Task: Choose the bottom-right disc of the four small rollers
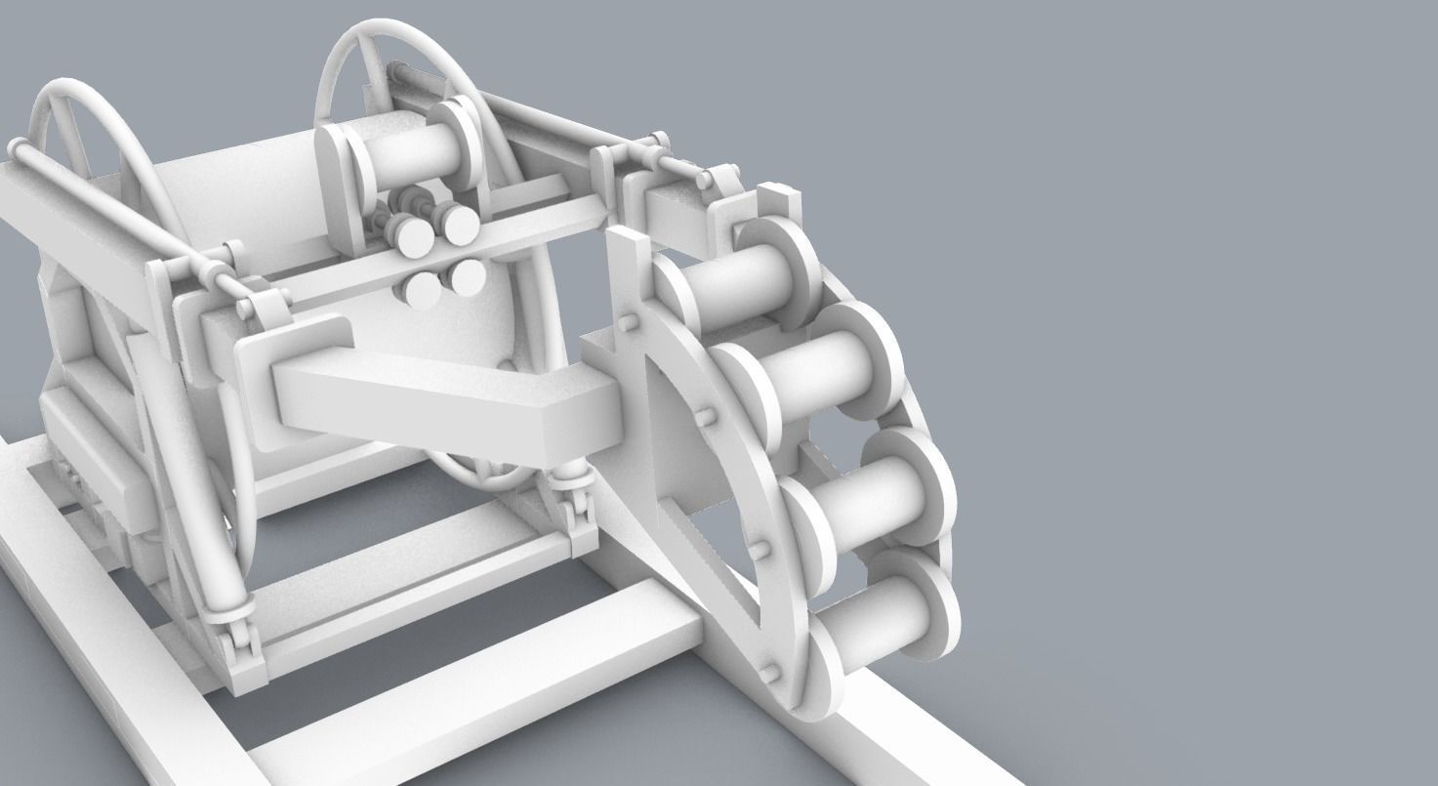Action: pos(467,276)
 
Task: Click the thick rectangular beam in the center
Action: pos(439,405)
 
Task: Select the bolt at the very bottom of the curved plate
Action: pos(769,672)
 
